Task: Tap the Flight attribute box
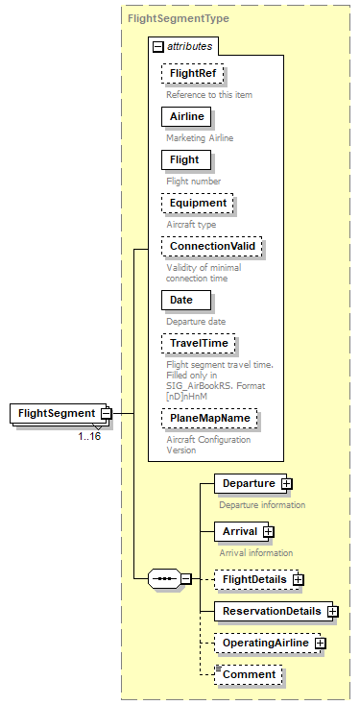184,159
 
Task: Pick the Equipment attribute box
198,203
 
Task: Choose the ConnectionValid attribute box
211,246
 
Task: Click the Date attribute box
181,300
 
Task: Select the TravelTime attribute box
198,343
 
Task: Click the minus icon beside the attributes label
157,46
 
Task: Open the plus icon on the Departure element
286,483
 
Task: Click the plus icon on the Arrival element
269,531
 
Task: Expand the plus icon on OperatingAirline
321,643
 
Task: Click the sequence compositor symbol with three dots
165,579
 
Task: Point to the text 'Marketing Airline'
200,137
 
